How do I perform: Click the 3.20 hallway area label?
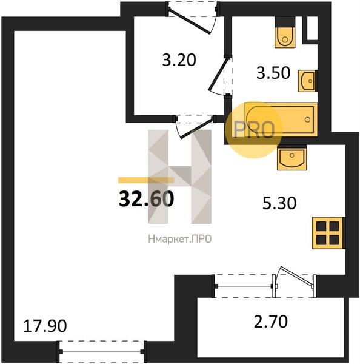coord(179,60)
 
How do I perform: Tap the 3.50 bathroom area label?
coord(273,73)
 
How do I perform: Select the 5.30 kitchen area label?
coord(279,203)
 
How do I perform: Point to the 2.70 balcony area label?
coord(271,322)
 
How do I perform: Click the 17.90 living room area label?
coord(45,326)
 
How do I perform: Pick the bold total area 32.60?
coord(146,199)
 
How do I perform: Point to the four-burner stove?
coord(328,233)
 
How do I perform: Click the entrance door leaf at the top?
coord(189,21)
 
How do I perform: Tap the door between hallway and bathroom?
coord(218,74)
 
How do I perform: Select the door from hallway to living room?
coord(197,129)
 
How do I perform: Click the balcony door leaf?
coord(298,275)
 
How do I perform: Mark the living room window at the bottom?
coord(102,352)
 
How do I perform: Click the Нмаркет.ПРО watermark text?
coord(180,239)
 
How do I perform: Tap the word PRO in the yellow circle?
coord(254,130)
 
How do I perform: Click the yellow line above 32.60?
coord(146,180)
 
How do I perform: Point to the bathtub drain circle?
coord(308,120)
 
